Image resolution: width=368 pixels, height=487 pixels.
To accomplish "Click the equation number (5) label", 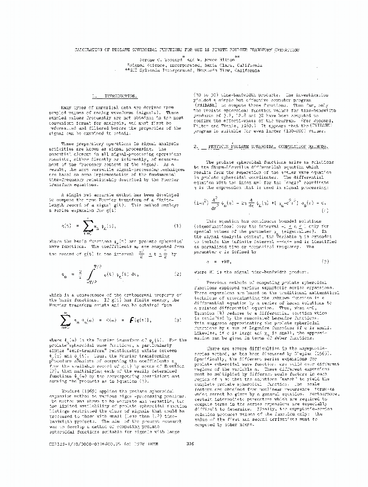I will pyautogui.click(x=325, y=262).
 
